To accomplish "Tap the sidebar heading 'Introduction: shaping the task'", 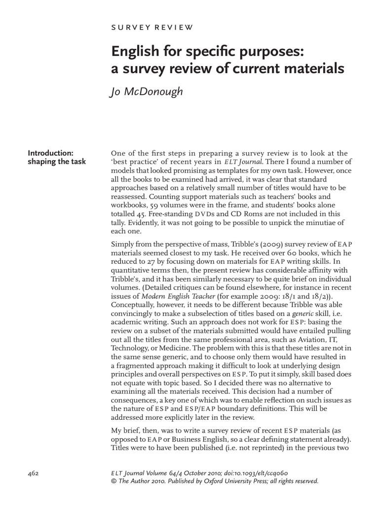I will point(56,157).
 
